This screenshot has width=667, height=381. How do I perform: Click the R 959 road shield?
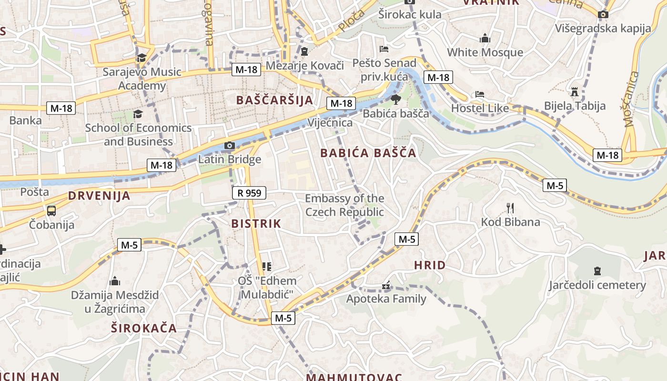point(249,193)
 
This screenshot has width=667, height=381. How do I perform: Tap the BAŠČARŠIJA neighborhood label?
point(275,100)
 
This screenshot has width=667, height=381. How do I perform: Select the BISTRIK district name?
point(256,223)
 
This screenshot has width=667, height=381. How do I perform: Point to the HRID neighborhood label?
point(430,265)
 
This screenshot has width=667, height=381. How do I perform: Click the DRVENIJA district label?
point(99,196)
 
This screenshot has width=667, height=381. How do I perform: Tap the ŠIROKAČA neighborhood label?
point(144,328)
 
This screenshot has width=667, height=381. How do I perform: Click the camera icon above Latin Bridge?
point(230,145)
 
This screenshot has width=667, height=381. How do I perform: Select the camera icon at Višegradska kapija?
point(603,15)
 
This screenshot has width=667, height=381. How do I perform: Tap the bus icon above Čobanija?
point(51,211)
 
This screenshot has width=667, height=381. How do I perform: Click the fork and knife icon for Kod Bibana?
point(510,208)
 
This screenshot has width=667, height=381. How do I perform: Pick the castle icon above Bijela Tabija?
point(575,91)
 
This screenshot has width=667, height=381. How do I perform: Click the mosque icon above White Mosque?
point(485,38)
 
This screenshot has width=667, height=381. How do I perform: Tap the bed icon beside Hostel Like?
point(480,94)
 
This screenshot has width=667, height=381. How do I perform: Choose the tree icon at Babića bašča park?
point(395,100)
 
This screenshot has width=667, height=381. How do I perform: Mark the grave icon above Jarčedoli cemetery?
point(597,271)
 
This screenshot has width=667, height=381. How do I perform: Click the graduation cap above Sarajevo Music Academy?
point(141,58)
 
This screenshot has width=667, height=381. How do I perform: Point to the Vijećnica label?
point(330,123)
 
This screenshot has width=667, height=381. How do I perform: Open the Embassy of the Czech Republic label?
point(344,205)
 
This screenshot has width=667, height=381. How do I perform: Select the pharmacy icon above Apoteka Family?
point(386,286)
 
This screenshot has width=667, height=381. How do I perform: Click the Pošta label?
point(34,192)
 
